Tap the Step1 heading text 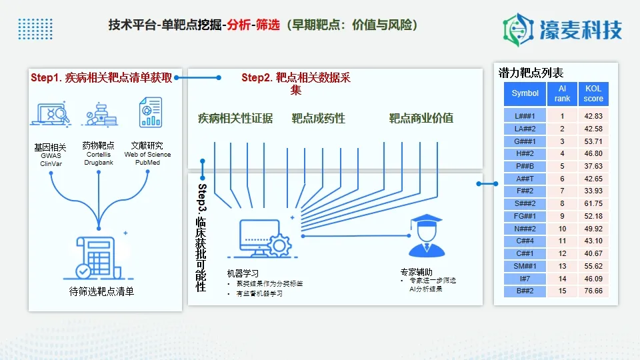pyautogui.click(x=101, y=78)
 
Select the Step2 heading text pyautogui.click(x=295, y=78)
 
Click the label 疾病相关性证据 pyautogui.click(x=235, y=119)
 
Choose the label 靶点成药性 pyautogui.click(x=318, y=119)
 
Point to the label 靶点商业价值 pyautogui.click(x=421, y=119)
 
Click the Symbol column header pyautogui.click(x=525, y=94)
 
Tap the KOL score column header pyautogui.click(x=593, y=94)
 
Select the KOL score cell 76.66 pyautogui.click(x=593, y=291)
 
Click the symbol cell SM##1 pyautogui.click(x=525, y=266)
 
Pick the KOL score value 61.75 pyautogui.click(x=593, y=203)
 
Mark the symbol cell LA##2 pyautogui.click(x=525, y=129)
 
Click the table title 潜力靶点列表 pyautogui.click(x=531, y=73)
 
